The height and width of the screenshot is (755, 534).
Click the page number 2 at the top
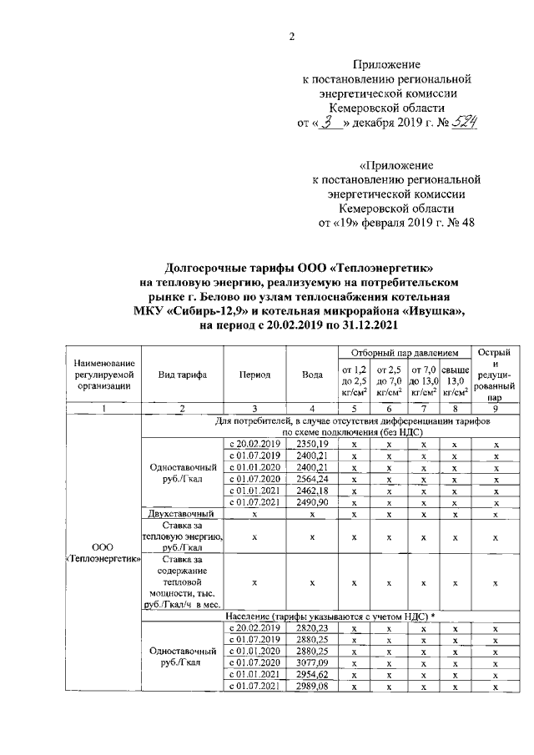291,35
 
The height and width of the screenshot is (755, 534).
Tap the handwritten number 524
461,123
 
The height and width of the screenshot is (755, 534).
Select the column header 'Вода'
312,375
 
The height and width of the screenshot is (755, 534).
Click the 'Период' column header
254,375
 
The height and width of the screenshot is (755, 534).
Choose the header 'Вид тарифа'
182,375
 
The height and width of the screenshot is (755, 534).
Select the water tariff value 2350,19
312,445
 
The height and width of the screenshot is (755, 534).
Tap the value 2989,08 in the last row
312,687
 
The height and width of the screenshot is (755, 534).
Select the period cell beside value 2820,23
254,628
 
